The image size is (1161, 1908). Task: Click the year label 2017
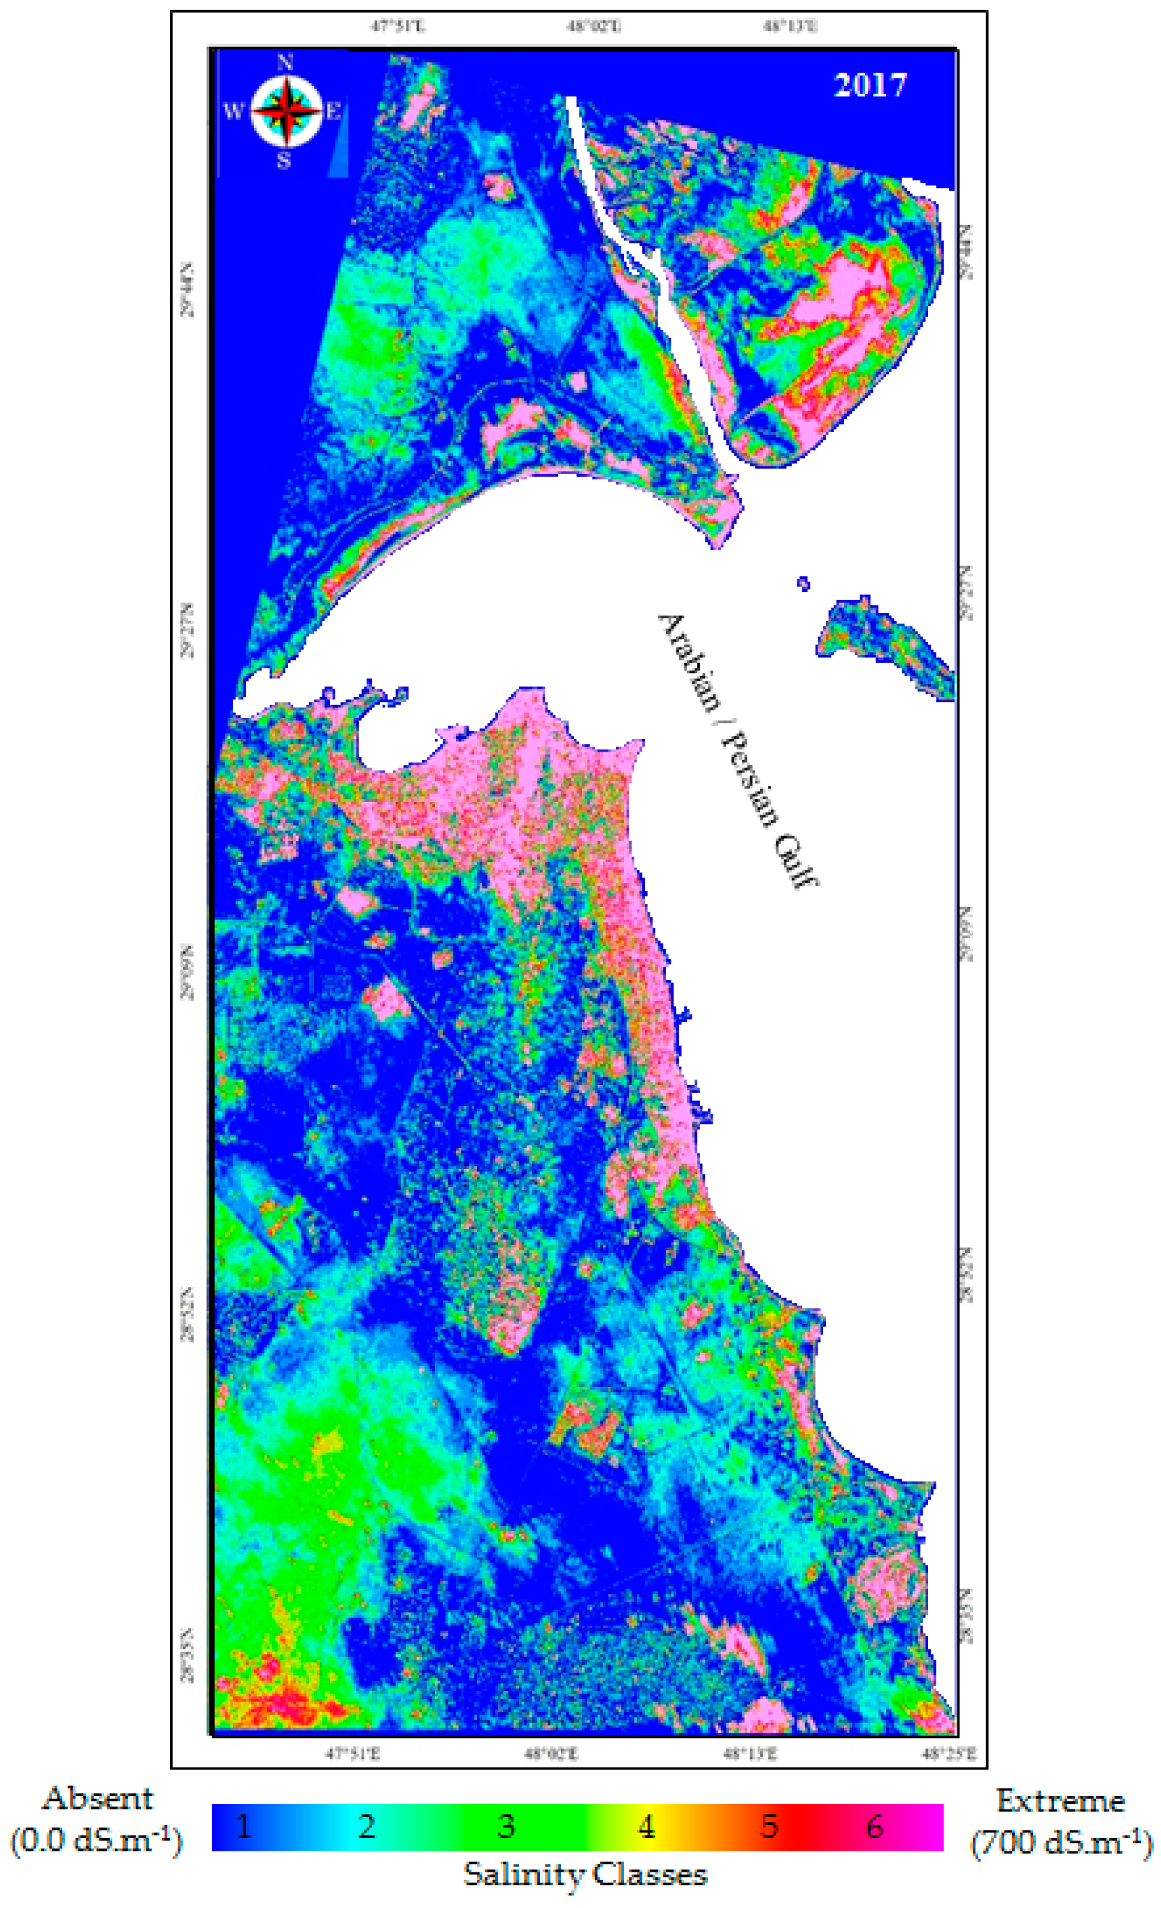[x=869, y=85]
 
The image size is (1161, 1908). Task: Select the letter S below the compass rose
[x=284, y=161]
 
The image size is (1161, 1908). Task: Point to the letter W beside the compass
[x=233, y=111]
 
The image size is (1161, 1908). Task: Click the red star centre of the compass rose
[x=287, y=113]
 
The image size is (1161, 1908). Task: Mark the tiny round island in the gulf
[x=803, y=584]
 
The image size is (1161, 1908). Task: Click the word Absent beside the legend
[x=98, y=1799]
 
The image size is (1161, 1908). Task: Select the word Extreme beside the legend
[x=1059, y=1801]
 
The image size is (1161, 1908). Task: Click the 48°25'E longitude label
[x=948, y=1754]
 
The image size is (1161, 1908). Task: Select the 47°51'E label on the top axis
[x=397, y=27]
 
